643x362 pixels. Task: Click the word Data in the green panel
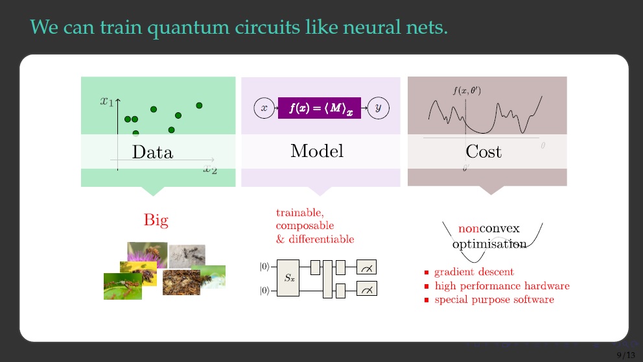(152, 152)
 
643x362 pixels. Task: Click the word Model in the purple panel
(317, 151)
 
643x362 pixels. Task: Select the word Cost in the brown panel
(484, 152)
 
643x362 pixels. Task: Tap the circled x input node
(264, 108)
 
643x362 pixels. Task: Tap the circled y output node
(378, 108)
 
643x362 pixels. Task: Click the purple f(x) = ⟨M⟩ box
(319, 108)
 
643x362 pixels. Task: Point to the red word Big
(156, 221)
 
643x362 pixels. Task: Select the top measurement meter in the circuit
(366, 267)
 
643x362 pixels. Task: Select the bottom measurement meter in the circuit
(366, 289)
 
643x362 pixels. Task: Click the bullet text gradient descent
(474, 272)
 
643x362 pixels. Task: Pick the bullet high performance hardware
(502, 286)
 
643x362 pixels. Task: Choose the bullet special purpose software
(494, 300)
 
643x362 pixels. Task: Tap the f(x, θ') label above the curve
(466, 91)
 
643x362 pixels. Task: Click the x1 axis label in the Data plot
(107, 101)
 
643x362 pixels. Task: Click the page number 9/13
(625, 354)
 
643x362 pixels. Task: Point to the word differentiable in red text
(322, 239)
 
